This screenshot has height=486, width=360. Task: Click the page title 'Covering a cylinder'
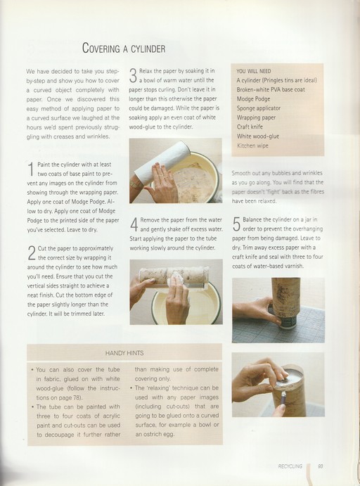124,49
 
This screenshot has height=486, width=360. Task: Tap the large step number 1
31,169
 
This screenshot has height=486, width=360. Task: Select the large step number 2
32,252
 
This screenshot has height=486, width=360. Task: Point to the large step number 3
133,76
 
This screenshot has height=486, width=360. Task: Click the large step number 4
134,224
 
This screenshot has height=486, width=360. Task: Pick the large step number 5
236,224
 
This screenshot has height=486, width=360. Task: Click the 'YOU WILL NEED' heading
254,71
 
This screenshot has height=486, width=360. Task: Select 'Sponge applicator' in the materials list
259,108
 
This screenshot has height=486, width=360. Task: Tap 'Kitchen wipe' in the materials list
252,146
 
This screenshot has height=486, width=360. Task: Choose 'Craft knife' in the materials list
250,127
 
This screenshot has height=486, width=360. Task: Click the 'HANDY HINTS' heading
124,353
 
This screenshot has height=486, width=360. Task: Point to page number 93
321,466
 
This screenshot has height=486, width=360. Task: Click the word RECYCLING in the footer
290,466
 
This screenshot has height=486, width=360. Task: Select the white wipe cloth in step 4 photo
176,280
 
